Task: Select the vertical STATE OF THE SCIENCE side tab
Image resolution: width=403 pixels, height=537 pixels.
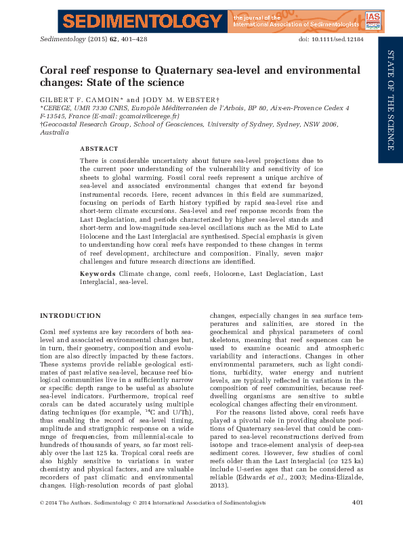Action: coord(391,100)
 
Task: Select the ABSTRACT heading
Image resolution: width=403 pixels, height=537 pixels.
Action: coord(99,148)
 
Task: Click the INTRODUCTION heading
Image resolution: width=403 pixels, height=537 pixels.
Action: coord(70,316)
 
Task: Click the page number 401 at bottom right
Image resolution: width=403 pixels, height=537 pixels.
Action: coord(359,521)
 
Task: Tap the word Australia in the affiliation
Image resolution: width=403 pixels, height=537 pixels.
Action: coord(55,133)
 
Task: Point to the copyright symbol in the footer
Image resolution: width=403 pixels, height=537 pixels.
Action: coord(43,521)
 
